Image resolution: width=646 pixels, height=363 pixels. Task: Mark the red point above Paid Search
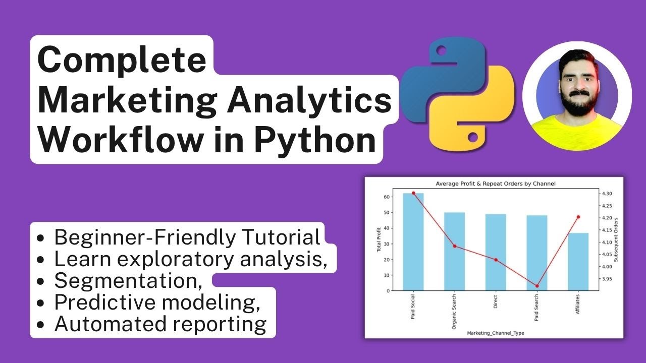[537, 286]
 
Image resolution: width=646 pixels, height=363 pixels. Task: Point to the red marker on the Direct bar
[496, 260]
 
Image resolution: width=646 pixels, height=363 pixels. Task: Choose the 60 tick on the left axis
[387, 197]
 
